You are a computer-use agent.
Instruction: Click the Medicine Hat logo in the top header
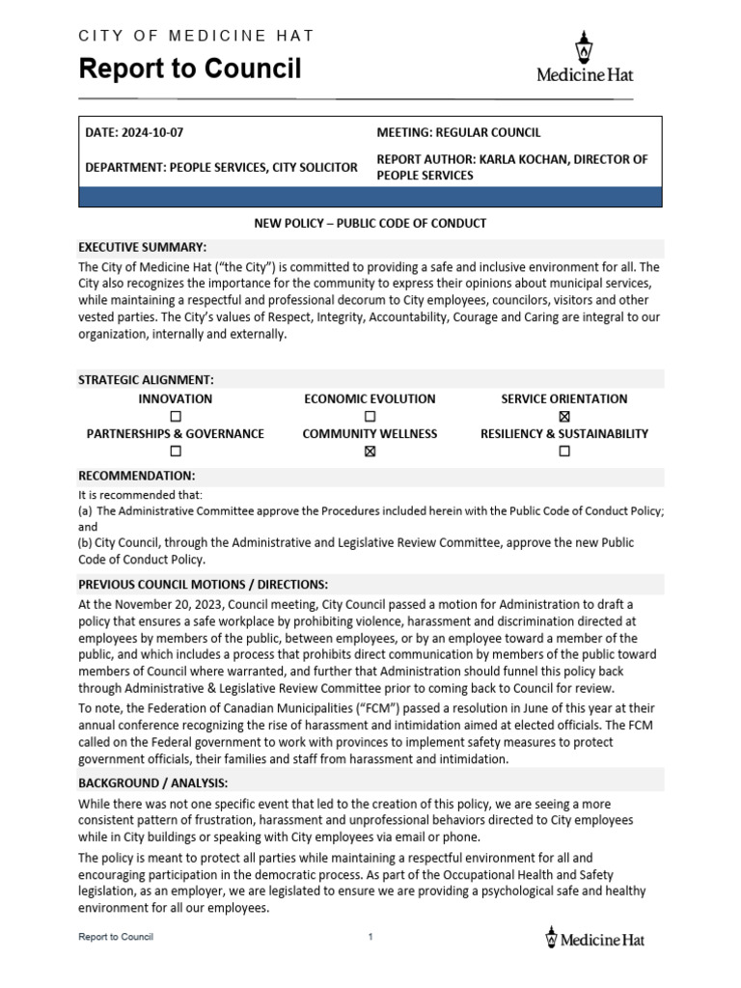[x=584, y=57]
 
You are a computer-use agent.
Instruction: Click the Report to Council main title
[x=189, y=69]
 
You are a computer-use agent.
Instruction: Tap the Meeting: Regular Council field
[x=458, y=133]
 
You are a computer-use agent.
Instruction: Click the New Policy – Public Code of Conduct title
[x=370, y=224]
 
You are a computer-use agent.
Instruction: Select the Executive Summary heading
[x=142, y=247]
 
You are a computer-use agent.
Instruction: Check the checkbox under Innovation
[x=176, y=417]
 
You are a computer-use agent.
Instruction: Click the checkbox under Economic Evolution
[x=370, y=417]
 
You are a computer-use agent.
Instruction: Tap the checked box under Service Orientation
[x=564, y=417]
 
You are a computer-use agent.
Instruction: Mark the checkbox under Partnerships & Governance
[x=176, y=452]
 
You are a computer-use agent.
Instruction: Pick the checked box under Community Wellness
[x=370, y=452]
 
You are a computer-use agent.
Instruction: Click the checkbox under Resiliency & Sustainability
[x=564, y=452]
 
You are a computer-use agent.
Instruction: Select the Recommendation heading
[x=136, y=476]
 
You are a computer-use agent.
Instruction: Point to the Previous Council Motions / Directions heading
[x=203, y=585]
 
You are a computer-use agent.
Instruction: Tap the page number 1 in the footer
[x=370, y=937]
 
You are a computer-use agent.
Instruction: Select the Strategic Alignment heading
[x=146, y=380]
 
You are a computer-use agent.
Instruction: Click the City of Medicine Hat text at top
[x=195, y=36]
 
